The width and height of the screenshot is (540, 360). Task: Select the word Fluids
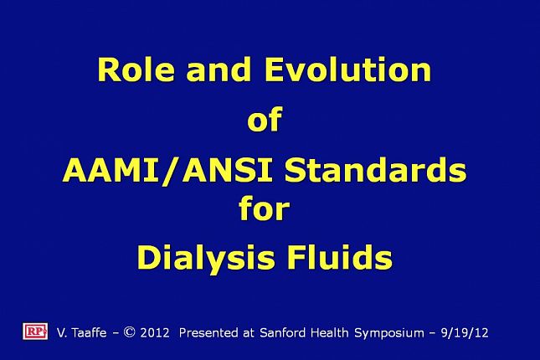tap(345, 258)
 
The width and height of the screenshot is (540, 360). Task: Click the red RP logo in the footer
tap(34, 331)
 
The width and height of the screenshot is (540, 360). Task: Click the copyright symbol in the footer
tap(129, 332)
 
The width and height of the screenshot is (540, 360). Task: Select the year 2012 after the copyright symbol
tap(154, 333)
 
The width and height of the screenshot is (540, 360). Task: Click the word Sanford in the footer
tap(281, 333)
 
